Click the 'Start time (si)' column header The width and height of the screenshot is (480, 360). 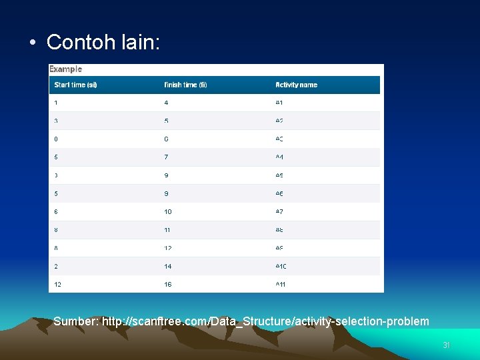75,85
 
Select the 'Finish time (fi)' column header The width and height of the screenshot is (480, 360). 185,85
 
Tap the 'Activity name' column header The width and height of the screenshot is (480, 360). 296,85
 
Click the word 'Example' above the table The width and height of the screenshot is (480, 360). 66,69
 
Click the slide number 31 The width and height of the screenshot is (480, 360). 447,345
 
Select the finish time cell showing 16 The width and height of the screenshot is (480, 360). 168,284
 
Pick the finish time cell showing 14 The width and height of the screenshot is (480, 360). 168,266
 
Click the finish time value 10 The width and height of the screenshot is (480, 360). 168,211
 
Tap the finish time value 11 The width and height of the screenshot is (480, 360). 167,229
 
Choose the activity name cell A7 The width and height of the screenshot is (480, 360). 279,211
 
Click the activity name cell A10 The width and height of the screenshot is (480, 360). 281,266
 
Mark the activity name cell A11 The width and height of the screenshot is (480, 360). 281,284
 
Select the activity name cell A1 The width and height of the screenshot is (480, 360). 279,103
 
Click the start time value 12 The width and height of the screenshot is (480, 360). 58,284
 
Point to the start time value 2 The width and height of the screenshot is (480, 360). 56,266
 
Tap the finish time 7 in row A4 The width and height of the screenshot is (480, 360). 166,157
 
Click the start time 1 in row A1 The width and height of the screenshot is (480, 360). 56,103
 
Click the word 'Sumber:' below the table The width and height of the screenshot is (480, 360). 76,321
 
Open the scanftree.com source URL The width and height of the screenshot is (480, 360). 265,321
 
